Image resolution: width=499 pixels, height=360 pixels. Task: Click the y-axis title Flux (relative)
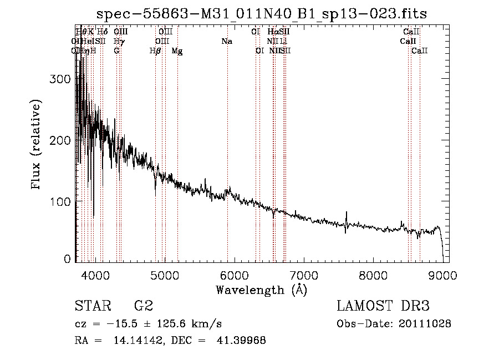[37, 146]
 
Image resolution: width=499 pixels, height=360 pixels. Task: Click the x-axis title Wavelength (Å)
[261, 290]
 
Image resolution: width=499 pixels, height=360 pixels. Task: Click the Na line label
[226, 42]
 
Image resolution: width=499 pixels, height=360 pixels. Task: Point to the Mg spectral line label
[177, 51]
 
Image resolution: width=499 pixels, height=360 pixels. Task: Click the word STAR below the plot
[92, 307]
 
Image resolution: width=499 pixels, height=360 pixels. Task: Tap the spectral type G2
[144, 307]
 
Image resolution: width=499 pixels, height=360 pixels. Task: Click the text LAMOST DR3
[383, 307]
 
